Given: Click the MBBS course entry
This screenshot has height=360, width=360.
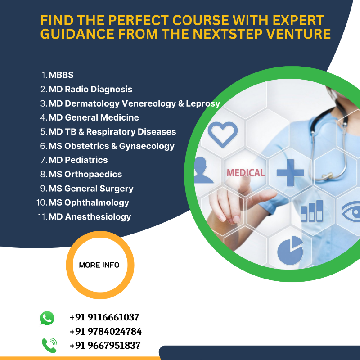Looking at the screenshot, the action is coord(61,75).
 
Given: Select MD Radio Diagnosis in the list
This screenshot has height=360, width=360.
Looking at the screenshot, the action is coord(90,89).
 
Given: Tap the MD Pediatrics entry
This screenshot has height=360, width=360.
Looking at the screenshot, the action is coord(78,160).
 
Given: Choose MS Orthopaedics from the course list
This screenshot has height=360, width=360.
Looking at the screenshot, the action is coord(85,174).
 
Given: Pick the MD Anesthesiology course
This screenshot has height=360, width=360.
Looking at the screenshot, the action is coord(90,217).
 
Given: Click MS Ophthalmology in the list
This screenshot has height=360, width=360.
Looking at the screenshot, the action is coord(89,203).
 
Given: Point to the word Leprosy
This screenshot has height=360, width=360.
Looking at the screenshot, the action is coord(203,104).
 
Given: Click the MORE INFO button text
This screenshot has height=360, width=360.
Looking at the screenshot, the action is coord(99,265).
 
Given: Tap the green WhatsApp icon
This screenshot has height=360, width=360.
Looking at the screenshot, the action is coord(47,318).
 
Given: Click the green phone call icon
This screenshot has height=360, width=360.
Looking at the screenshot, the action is coord(49,345).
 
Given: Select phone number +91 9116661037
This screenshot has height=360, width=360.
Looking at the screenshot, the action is coord(104,317).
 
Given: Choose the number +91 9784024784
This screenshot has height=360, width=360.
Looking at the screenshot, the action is coord(106,332).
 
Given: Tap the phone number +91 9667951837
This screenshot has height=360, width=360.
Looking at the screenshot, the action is coord(105,346).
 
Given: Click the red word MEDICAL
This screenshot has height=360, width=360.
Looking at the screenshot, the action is coord(246,173).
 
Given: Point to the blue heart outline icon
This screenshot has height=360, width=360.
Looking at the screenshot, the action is coord(223,134).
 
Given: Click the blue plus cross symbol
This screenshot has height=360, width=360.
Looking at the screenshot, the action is coord(290,173).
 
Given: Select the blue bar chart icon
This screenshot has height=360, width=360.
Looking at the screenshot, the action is coord(312,211).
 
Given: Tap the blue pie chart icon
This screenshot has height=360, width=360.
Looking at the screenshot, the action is coord(290,251).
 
